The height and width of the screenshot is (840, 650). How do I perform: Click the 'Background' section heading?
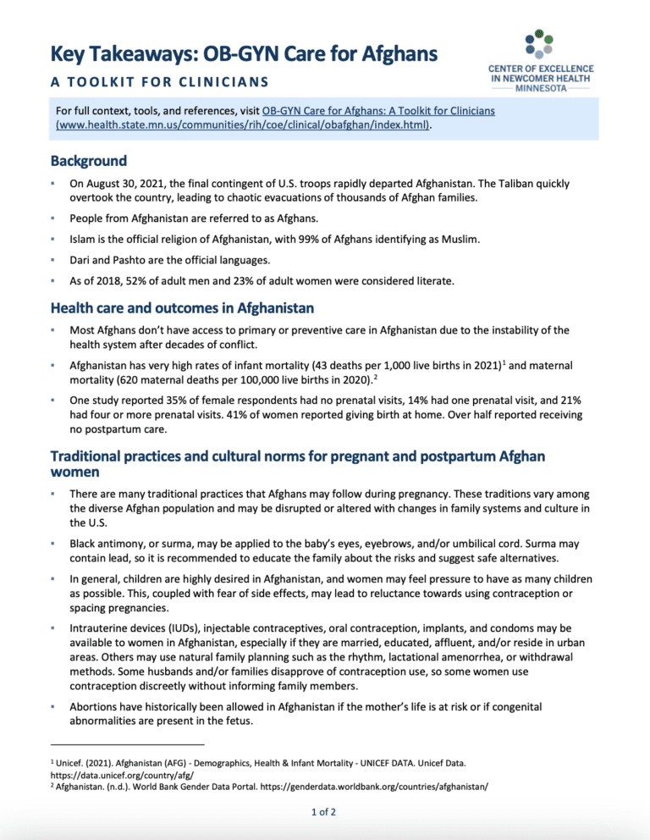tap(89, 160)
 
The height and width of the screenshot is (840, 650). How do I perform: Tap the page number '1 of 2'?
tap(324, 814)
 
